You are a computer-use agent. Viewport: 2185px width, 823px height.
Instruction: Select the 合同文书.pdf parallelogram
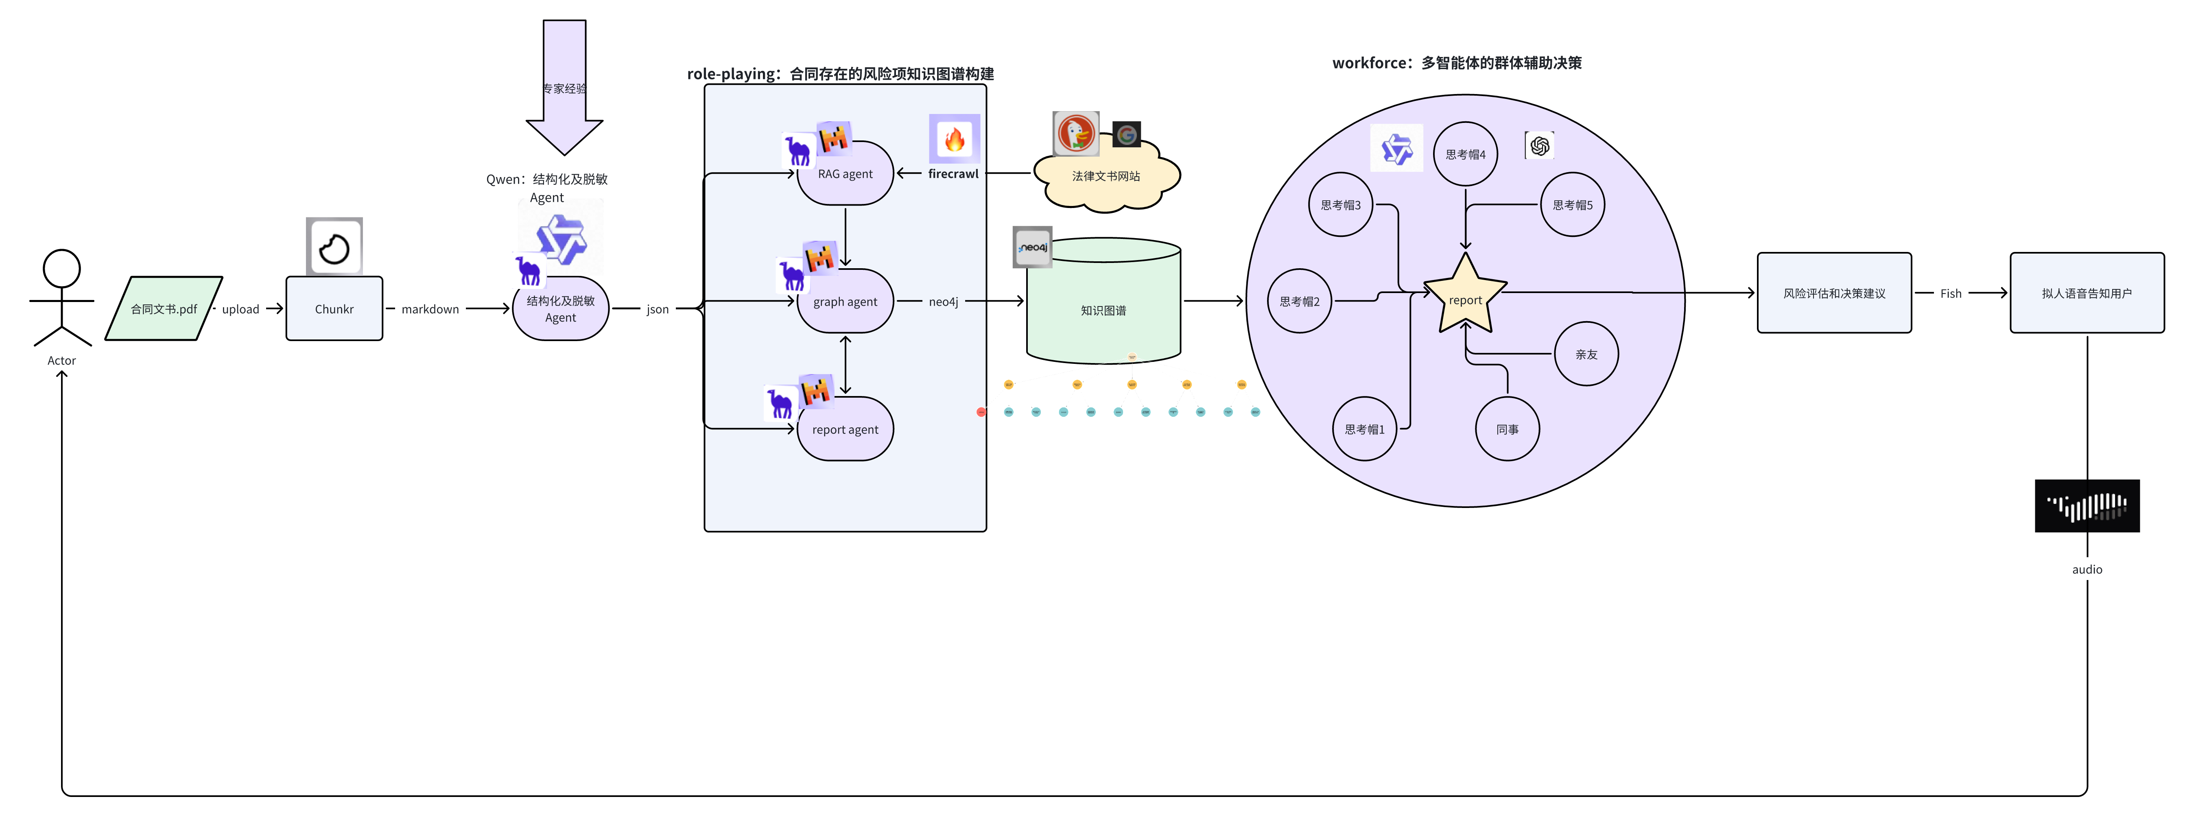click(x=164, y=309)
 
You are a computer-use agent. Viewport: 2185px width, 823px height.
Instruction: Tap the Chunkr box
click(x=334, y=309)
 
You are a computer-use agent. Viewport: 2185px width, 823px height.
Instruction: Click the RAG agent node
click(x=845, y=174)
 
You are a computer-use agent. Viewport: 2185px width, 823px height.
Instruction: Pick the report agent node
click(x=845, y=429)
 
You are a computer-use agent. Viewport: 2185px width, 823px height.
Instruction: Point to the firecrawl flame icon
click(x=954, y=138)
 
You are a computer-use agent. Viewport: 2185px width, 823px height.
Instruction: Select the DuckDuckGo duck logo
click(x=1075, y=133)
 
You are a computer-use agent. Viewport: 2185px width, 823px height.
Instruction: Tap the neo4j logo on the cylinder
click(x=1032, y=247)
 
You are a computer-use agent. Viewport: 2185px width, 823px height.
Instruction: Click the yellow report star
click(x=1465, y=297)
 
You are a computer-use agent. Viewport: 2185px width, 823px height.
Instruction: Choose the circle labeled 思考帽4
click(x=1465, y=154)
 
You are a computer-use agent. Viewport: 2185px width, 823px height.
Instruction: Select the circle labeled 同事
click(x=1507, y=429)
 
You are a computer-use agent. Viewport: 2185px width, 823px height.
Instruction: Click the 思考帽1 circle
click(x=1364, y=429)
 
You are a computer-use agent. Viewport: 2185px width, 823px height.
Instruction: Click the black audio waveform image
click(x=2087, y=506)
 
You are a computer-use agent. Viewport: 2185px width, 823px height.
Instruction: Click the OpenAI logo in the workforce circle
click(x=1540, y=146)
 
